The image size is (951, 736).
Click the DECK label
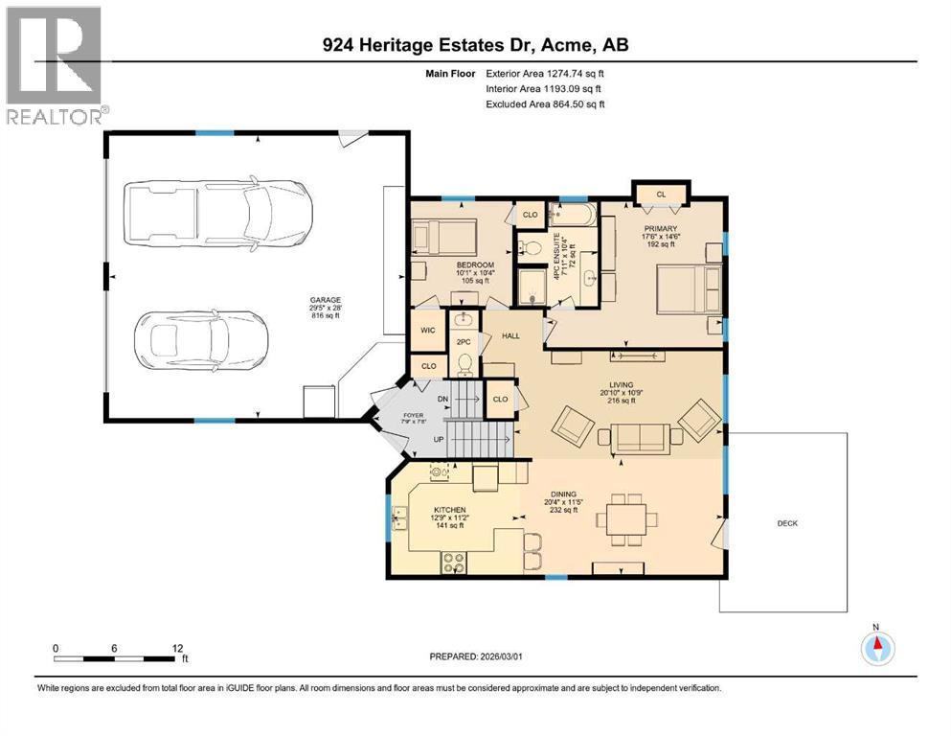point(786,523)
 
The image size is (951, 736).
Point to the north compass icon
point(875,648)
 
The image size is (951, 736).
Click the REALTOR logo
point(55,65)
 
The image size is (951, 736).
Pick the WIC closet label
point(428,331)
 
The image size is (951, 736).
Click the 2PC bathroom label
point(464,342)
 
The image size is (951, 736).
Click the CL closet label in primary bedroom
point(660,194)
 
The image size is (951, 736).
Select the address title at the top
point(475,45)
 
